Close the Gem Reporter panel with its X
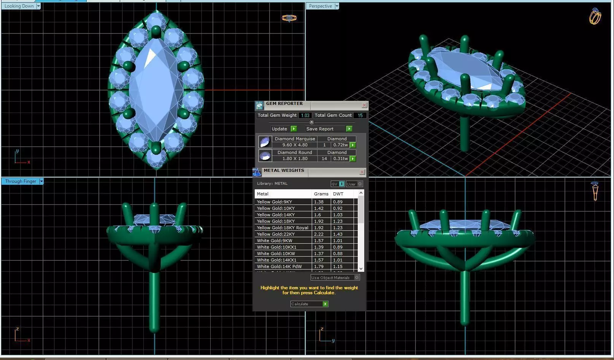click(364, 105)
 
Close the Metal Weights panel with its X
click(362, 172)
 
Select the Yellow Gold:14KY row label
click(276, 215)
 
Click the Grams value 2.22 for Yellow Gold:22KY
click(319, 234)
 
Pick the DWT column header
click(338, 194)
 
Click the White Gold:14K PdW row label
click(279, 266)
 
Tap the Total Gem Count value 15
click(360, 115)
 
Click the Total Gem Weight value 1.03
click(305, 115)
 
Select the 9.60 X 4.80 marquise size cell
click(295, 145)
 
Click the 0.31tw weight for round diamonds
click(340, 159)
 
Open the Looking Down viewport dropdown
click(38, 6)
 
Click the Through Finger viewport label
click(21, 181)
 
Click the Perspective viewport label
click(320, 6)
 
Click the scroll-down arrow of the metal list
click(361, 268)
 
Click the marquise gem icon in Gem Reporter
click(265, 142)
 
